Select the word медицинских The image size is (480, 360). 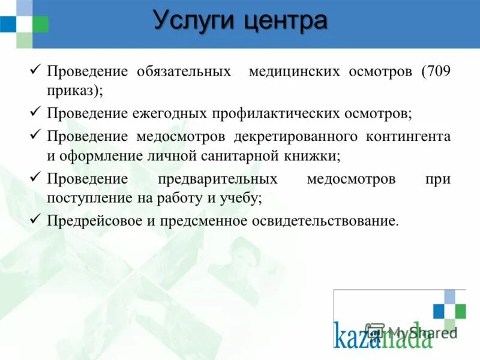(x=292, y=72)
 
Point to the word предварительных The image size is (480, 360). (x=217, y=179)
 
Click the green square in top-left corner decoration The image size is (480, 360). (x=40, y=24)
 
